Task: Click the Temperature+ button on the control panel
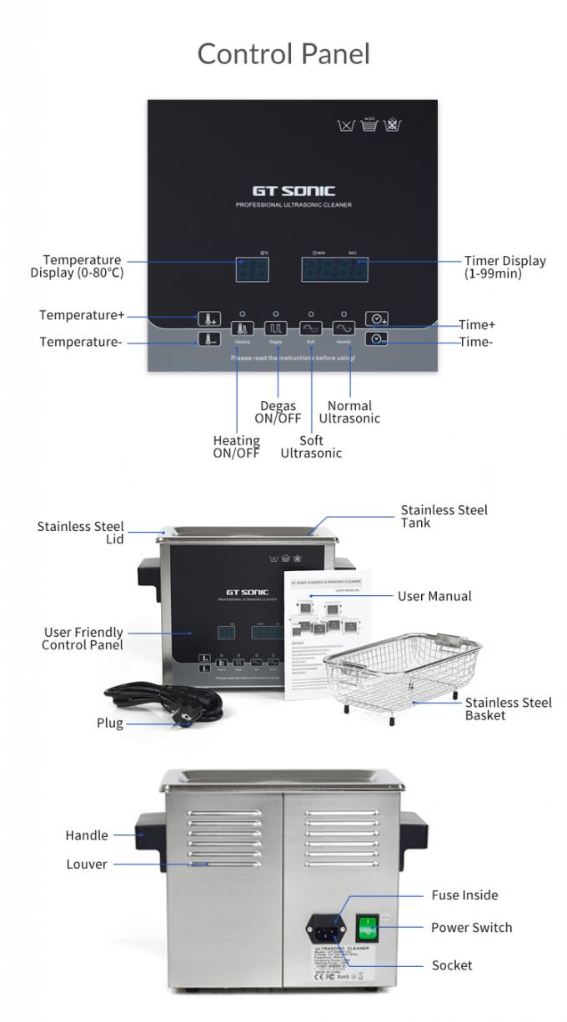tap(208, 318)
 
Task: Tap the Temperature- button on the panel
tap(208, 339)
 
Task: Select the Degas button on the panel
tap(275, 328)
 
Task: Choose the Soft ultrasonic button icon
tap(310, 328)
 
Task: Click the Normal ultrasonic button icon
tap(344, 328)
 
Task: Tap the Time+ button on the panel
tap(377, 318)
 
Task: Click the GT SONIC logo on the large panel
tap(294, 192)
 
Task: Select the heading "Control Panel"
tap(283, 54)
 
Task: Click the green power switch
tap(367, 928)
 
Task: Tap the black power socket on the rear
tap(326, 927)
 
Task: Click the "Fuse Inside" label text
tap(464, 895)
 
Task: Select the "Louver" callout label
tap(87, 864)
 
